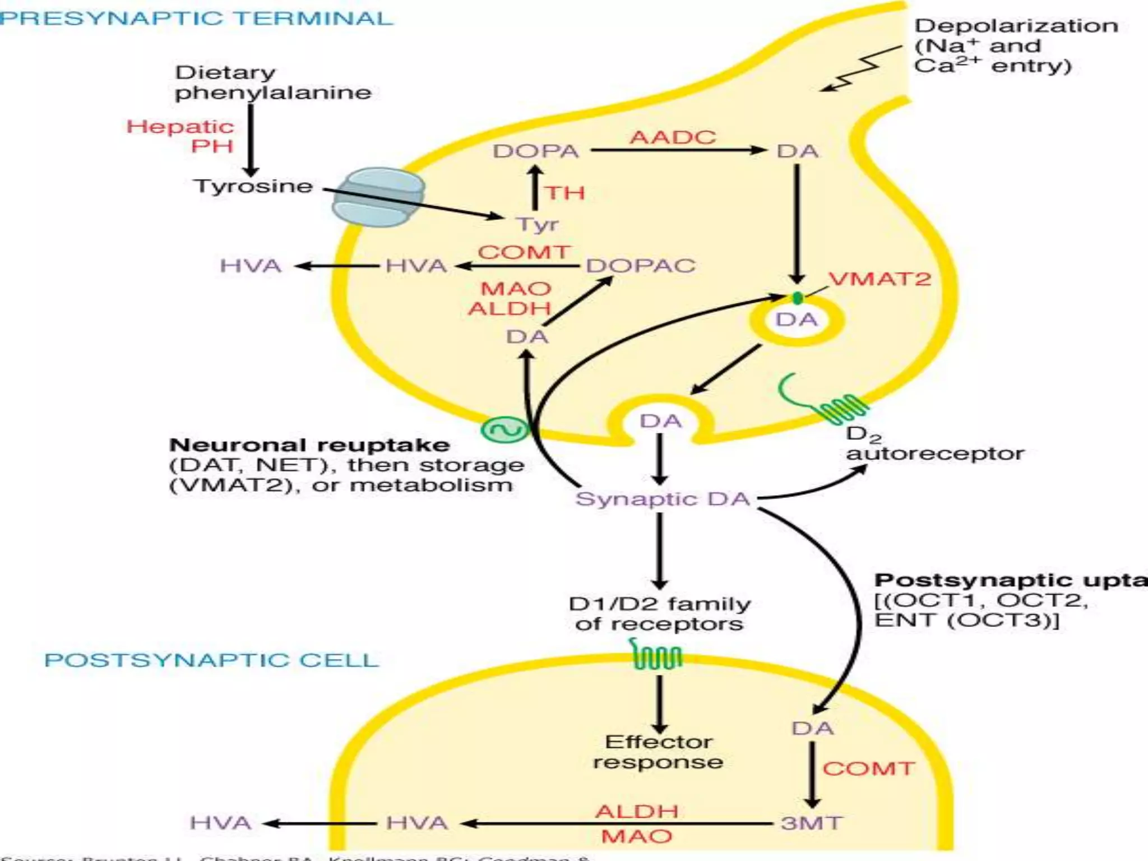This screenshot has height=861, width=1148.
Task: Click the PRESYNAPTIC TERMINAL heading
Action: [x=196, y=18]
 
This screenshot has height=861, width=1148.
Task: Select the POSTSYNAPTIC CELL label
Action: [x=211, y=660]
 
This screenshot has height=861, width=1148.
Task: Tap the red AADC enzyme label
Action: [x=673, y=137]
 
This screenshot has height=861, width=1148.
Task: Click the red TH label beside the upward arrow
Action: [x=565, y=193]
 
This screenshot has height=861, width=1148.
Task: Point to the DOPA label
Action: [x=535, y=151]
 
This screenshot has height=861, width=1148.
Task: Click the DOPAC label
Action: [x=641, y=265]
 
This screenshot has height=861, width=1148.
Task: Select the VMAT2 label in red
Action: [x=879, y=279]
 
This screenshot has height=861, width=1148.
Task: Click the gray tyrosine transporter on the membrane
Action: [x=378, y=197]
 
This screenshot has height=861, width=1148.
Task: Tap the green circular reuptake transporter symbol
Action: [x=504, y=430]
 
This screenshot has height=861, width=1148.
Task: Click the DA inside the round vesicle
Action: [x=796, y=320]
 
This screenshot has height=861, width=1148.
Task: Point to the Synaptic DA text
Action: [x=662, y=499]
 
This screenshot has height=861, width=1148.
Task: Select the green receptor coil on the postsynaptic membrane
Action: [x=658, y=656]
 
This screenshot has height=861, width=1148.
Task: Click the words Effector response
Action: [x=658, y=752]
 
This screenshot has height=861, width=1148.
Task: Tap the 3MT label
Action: [x=811, y=823]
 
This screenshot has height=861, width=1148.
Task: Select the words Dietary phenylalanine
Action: [x=272, y=82]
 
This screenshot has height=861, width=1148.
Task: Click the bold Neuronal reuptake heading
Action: [x=309, y=445]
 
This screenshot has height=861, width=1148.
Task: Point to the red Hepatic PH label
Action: [x=180, y=136]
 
